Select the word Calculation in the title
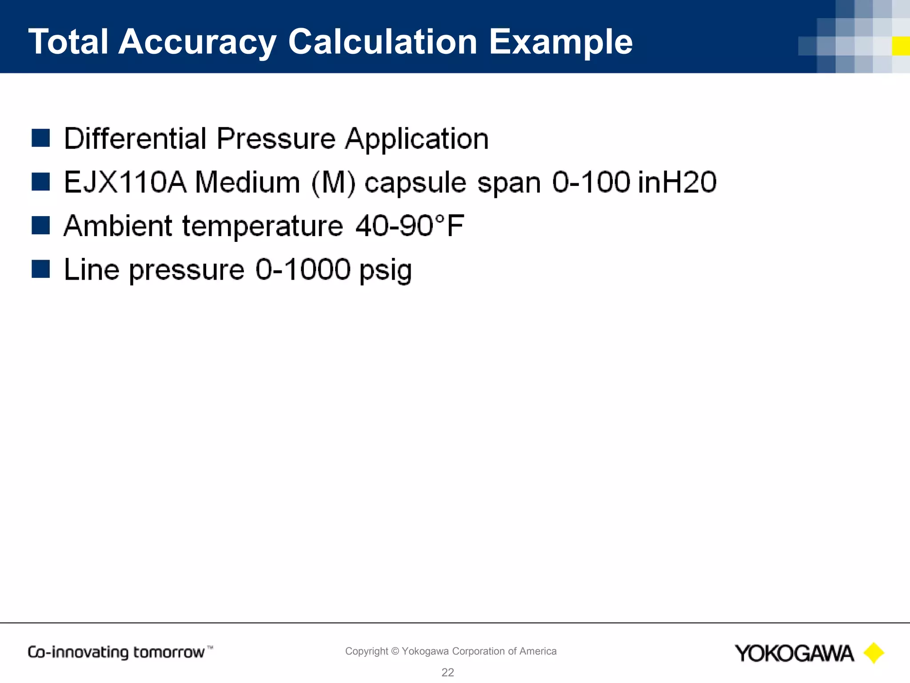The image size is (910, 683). [383, 42]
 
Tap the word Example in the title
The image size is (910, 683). [561, 42]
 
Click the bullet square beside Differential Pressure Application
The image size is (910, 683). [41, 138]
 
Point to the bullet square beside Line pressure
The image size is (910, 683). [41, 269]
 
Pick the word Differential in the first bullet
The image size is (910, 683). [135, 138]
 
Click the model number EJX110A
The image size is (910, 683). [125, 182]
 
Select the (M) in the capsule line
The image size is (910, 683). [333, 182]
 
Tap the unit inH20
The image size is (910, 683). [677, 182]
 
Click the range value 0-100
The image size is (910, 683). [591, 182]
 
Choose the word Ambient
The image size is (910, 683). [118, 226]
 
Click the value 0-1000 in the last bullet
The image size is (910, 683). [303, 269]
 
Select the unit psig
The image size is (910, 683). [385, 270]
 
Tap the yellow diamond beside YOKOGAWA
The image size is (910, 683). [874, 653]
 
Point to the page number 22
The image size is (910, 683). [447, 672]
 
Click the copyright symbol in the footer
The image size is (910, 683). [395, 651]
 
